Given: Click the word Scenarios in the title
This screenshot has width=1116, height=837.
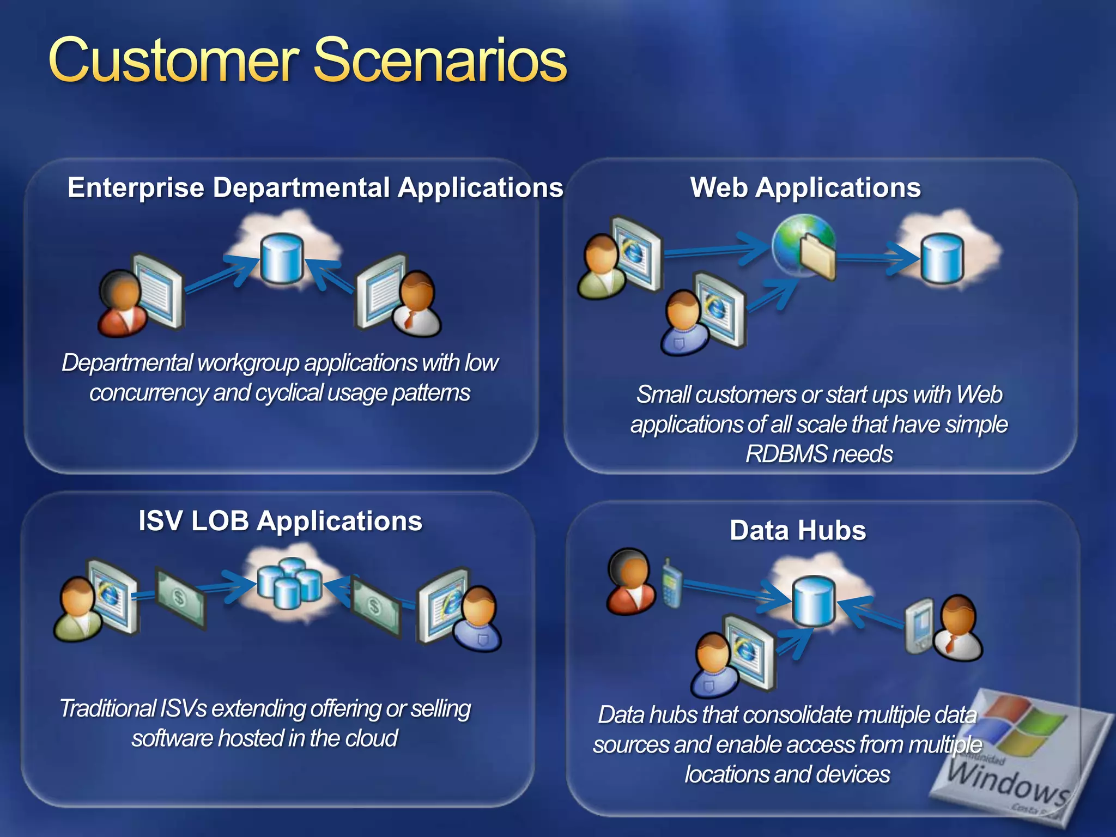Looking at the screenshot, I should coord(440,60).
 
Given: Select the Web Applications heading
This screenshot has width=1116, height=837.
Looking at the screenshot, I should coord(805,187).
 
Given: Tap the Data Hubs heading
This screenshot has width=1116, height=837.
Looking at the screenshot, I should coord(798,530).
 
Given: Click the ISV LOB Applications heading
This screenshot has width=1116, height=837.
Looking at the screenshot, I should coord(280,520).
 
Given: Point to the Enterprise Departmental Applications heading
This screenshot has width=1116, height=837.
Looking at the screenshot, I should coord(315,187).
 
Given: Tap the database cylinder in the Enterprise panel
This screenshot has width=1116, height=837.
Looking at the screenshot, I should coord(281,258).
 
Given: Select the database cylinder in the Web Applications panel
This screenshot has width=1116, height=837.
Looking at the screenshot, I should coord(942,258).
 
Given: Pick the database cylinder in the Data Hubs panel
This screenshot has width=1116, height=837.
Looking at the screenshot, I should coord(814,602).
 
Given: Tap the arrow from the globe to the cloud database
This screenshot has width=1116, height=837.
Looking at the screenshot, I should coord(877,258).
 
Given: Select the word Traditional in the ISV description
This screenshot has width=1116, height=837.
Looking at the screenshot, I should coord(108,709).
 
